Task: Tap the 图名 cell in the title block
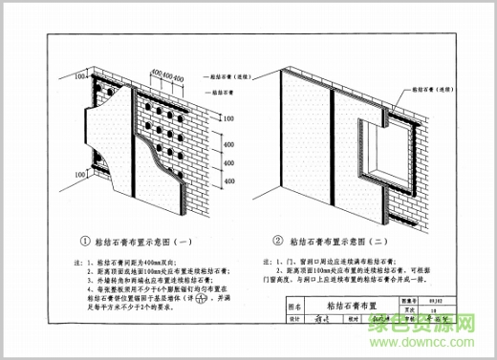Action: tap(294, 307)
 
